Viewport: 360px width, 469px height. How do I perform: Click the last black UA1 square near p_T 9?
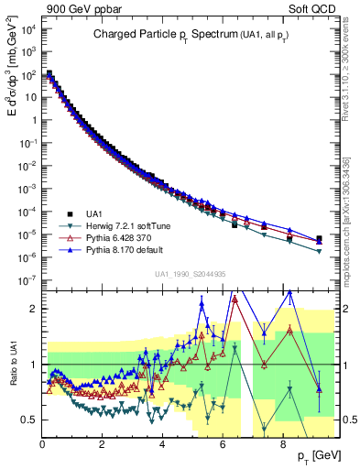click(319, 239)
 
